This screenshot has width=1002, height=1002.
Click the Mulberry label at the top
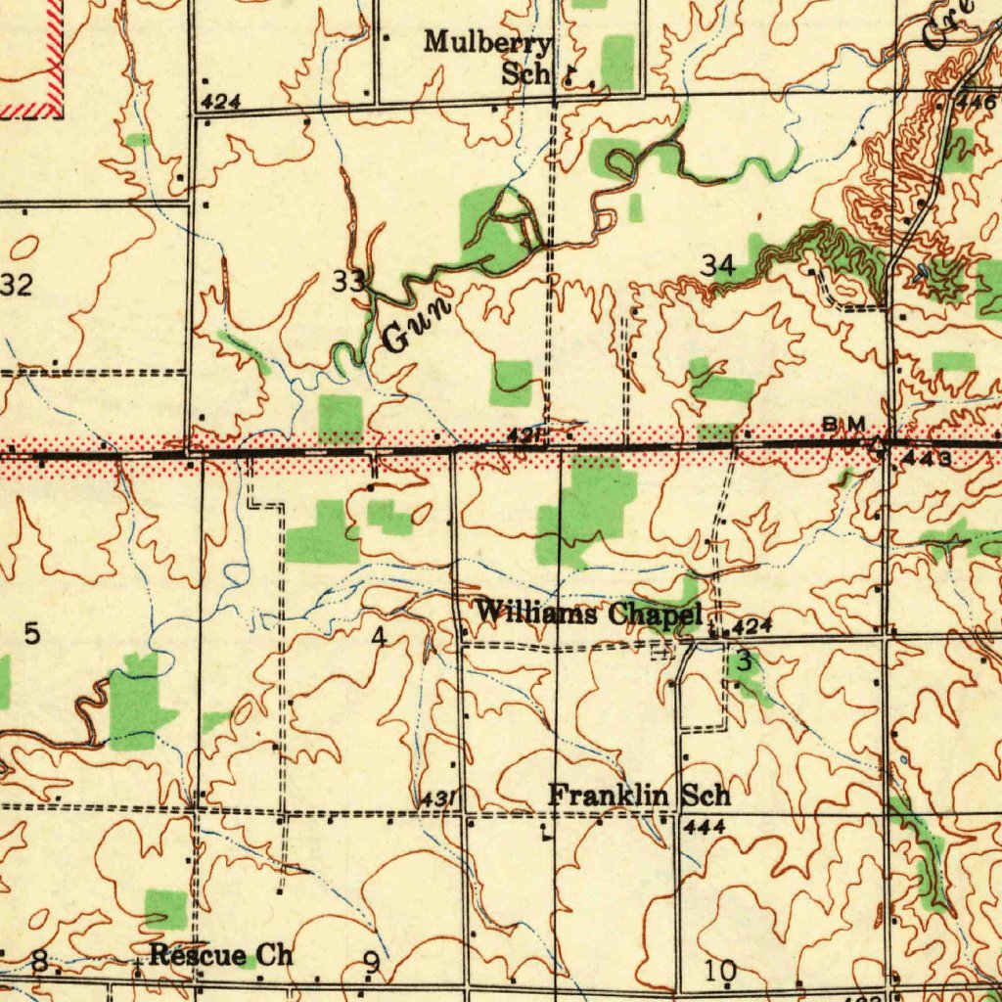point(488,43)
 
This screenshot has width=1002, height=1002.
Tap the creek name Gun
point(417,323)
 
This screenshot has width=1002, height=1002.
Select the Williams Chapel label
point(589,615)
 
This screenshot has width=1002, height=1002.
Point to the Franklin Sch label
point(638,796)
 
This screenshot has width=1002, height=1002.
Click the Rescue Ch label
point(221,955)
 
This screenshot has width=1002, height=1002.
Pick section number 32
point(17,286)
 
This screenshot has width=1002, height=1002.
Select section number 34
point(717,265)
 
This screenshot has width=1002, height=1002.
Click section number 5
point(32,634)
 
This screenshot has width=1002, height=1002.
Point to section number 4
point(379,637)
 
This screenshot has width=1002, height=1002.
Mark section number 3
point(744,661)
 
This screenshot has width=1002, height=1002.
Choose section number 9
point(372,965)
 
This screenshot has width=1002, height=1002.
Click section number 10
point(720,971)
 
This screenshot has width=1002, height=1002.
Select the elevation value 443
point(927,457)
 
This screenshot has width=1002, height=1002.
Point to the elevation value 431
point(434,800)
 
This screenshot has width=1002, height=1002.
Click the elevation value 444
point(704,828)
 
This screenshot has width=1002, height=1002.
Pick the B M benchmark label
point(843,423)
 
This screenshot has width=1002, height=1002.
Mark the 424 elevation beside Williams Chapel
point(753,626)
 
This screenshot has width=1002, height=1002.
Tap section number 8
point(40,962)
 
